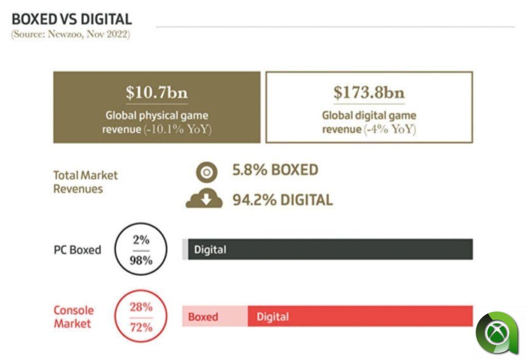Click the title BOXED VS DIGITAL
71,19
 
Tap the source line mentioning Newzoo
70,35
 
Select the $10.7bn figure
157,93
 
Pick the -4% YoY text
390,129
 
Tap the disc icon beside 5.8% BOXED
207,172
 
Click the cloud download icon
204,199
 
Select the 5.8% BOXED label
275,170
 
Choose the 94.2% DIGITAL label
283,199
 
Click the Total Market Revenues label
85,182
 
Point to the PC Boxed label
78,250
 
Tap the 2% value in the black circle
141,240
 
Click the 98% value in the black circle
141,260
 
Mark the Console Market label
74,317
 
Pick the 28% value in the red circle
141,307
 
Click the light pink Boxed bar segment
215,317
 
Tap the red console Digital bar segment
360,316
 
